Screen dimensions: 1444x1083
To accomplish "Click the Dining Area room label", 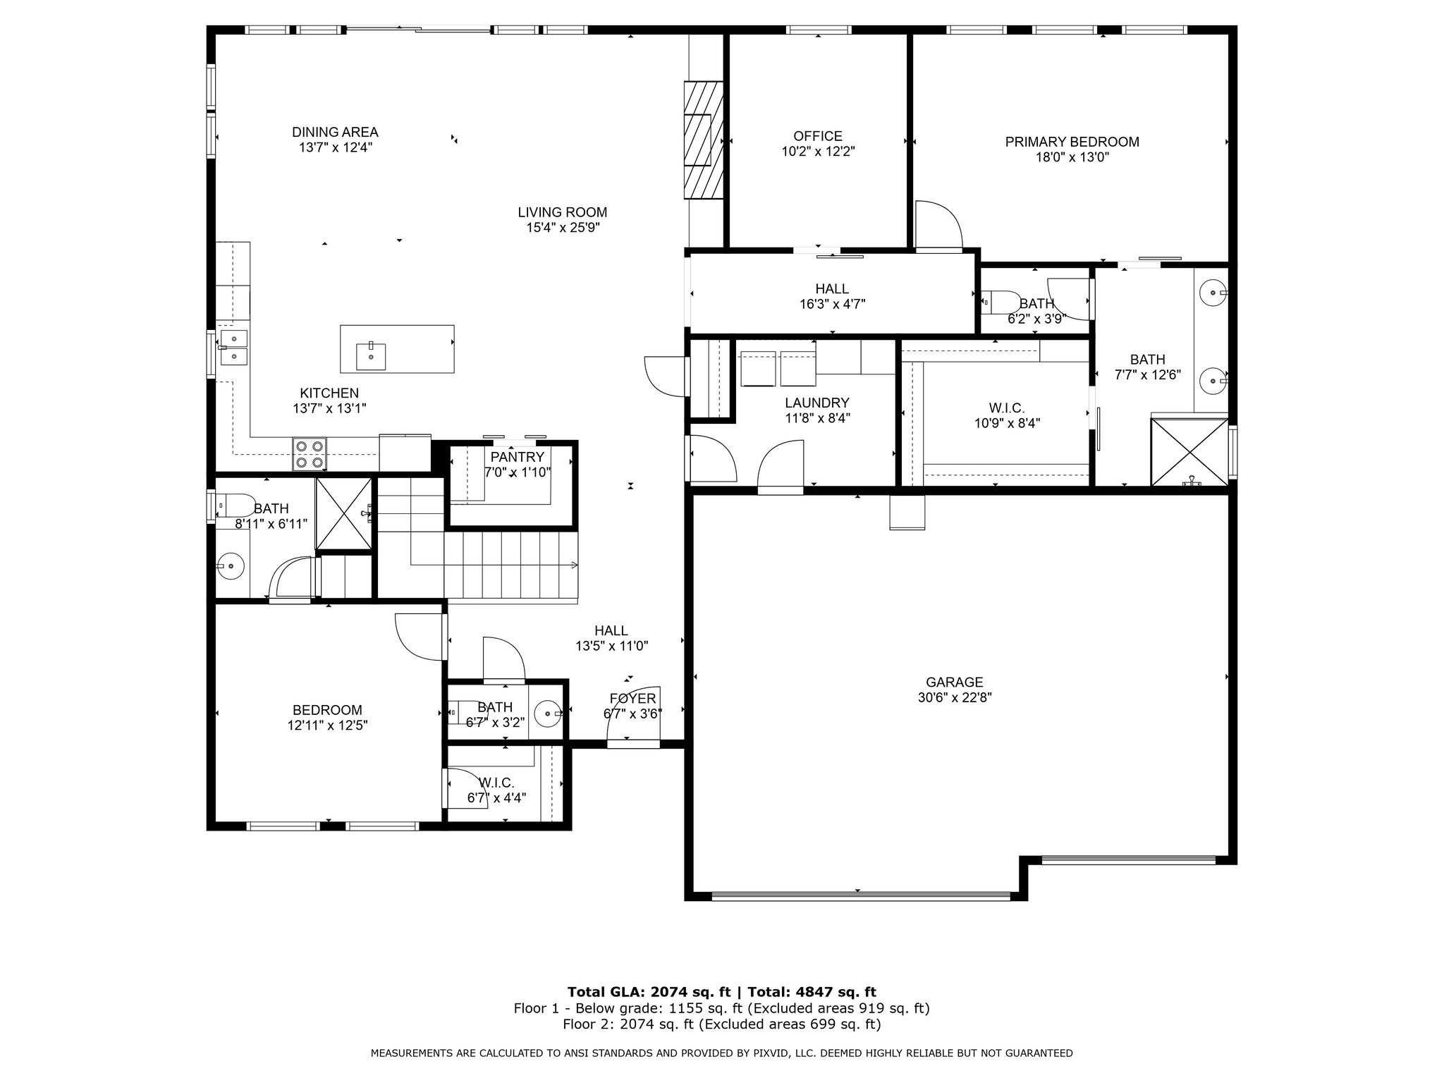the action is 335,132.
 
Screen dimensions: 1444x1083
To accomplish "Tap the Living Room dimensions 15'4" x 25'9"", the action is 563,228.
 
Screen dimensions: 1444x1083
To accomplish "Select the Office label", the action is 818,136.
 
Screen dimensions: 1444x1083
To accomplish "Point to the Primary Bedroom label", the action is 1072,142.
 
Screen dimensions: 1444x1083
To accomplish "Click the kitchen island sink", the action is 371,355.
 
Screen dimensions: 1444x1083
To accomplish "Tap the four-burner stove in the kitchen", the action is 310,454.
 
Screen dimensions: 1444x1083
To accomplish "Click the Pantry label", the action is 518,457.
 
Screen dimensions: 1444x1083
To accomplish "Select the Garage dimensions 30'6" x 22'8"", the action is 955,698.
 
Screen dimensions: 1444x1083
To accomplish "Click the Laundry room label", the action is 817,403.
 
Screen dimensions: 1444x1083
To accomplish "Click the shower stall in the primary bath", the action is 1189,451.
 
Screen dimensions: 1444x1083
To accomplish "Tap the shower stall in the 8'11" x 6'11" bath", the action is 343,513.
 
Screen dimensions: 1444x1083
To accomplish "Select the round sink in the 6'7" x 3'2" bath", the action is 547,714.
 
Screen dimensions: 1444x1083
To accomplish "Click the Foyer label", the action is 633,698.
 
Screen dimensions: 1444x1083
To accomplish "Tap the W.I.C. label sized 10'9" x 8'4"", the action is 1006,408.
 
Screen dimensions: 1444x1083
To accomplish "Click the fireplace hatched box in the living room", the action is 704,140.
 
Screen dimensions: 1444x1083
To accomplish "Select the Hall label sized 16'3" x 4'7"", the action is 832,289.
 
